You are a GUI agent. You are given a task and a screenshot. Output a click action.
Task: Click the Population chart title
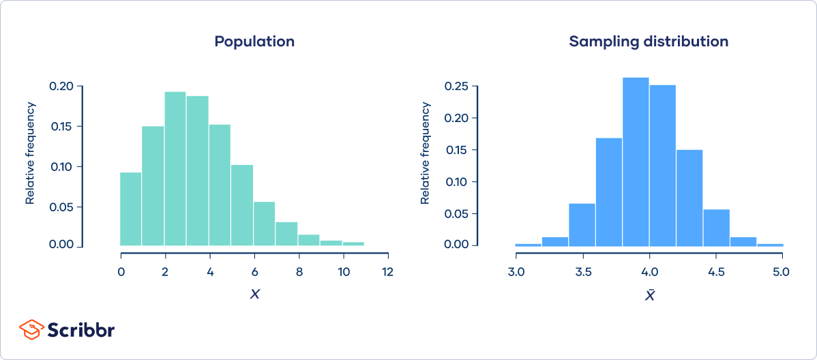254,41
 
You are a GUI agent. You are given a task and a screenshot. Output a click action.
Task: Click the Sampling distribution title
649,41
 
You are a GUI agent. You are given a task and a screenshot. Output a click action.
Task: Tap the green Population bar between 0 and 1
131,209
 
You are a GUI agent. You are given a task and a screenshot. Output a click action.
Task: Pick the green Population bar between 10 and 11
353,243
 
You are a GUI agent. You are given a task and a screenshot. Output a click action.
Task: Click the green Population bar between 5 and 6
242,205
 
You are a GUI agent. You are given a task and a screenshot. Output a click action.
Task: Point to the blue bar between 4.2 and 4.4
689,198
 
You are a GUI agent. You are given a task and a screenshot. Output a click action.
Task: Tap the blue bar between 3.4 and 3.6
582,224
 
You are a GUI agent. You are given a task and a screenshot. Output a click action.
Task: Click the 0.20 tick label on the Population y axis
61,87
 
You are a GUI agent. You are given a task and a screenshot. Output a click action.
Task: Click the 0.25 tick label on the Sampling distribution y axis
456,87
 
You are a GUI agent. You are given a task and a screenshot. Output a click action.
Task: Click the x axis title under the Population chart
254,295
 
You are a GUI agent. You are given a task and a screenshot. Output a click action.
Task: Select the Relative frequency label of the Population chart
30,153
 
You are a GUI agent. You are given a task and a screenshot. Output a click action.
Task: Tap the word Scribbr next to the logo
80,329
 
